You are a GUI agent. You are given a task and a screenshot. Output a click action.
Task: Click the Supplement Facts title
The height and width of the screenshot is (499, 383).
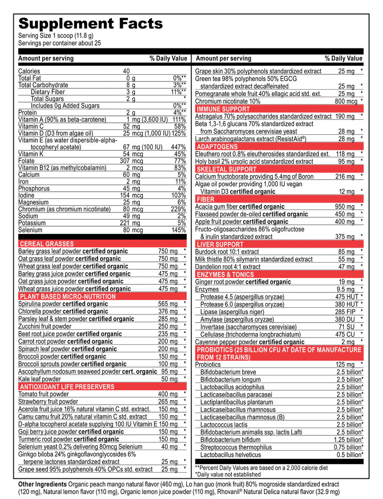[90, 23]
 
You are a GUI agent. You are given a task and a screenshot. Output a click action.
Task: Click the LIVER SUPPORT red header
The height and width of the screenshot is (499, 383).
[220, 244]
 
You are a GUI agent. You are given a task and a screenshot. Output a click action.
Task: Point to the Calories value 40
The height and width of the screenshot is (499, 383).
[126, 71]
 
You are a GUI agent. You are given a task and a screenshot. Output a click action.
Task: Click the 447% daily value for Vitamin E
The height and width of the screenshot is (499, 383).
[178, 147]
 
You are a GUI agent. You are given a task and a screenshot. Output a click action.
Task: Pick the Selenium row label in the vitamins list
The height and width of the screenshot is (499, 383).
[30, 230]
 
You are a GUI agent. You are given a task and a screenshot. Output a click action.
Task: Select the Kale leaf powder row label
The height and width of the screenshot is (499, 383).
[39, 379]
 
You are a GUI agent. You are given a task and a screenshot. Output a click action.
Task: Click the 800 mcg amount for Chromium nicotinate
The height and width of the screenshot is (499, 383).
[346, 101]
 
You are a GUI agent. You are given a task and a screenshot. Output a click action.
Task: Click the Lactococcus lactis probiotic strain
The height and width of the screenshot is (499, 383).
[224, 424]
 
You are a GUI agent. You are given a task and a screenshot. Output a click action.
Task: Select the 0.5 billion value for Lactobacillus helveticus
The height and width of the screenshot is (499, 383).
[349, 454]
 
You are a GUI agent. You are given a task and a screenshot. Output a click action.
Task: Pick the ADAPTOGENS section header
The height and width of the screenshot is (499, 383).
[216, 147]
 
